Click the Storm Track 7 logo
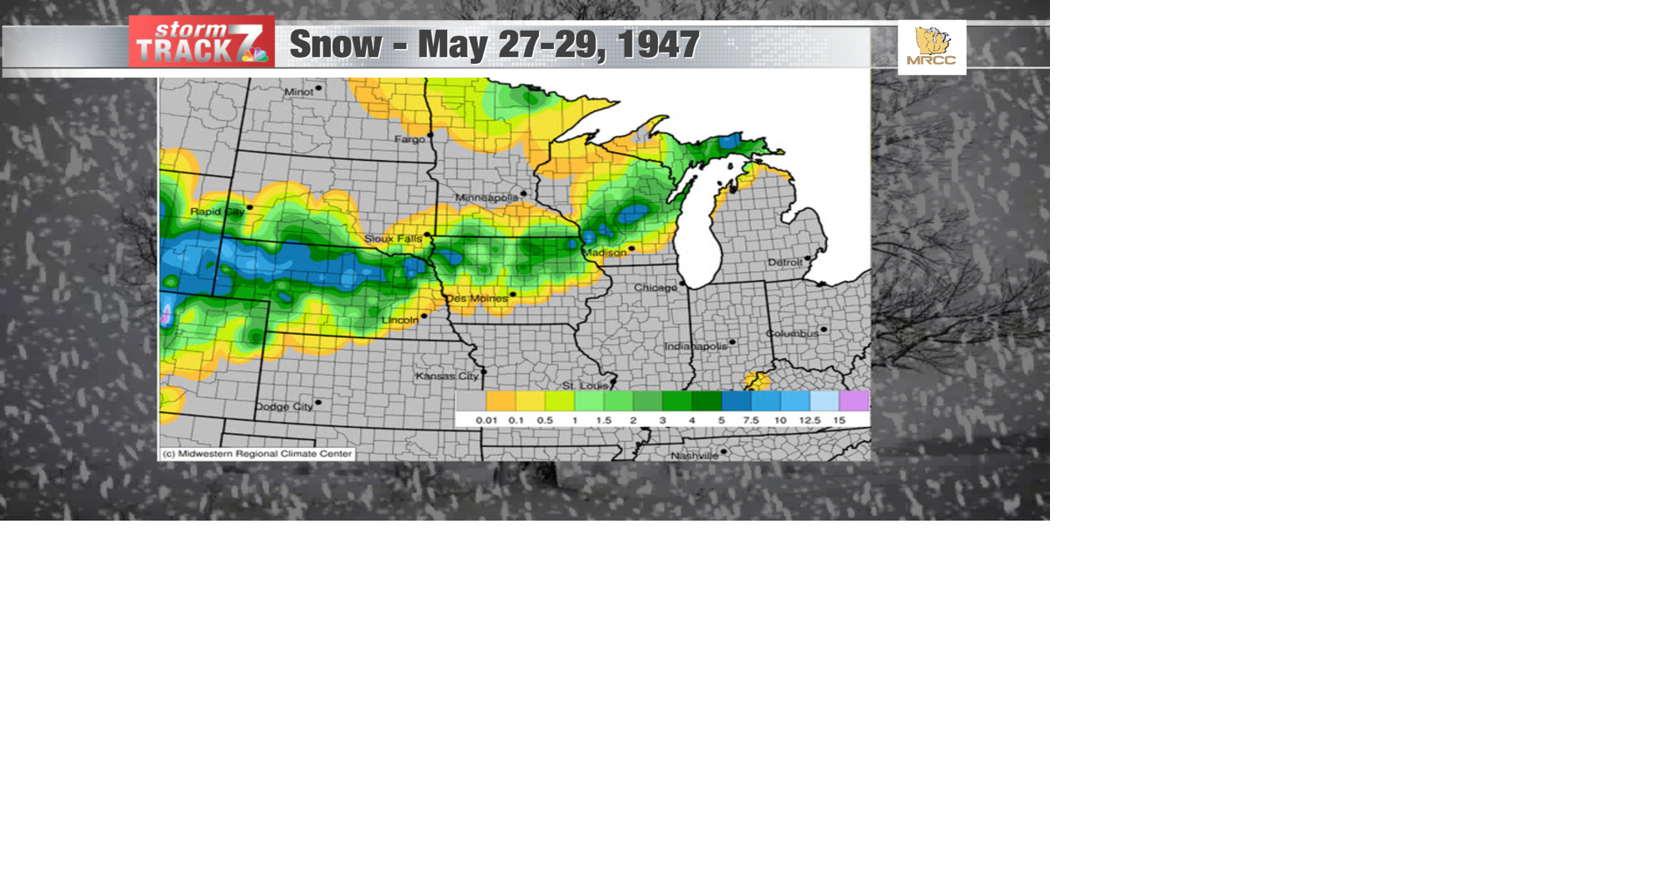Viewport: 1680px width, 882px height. coord(201,42)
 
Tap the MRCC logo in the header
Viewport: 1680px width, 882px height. coord(931,47)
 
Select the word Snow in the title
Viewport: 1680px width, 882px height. coord(335,45)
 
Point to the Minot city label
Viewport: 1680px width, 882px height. coord(298,92)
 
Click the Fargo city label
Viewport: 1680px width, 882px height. coord(409,139)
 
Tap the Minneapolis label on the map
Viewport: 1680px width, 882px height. coord(486,198)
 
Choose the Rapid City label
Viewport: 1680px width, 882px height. coord(217,212)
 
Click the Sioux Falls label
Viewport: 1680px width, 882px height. coord(393,239)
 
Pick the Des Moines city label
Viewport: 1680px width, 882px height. coord(476,298)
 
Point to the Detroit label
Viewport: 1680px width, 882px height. coord(785,262)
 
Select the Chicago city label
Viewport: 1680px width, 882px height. coord(654,288)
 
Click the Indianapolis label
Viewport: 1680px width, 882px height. coord(696,346)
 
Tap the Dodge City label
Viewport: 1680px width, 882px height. coord(283,407)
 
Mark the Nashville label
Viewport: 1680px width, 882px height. coord(694,456)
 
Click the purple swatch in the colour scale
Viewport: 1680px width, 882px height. coord(853,401)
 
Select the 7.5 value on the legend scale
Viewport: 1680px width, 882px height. coord(751,421)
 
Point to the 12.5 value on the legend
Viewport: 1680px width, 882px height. coord(809,421)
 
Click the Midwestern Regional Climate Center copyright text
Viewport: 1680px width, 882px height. coord(257,454)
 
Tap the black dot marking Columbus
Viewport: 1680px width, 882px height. coord(823,330)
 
